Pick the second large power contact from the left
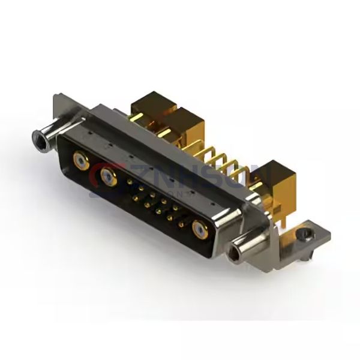(x=109, y=177)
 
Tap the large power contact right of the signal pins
(x=199, y=229)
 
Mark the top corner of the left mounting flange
(x=56, y=94)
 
